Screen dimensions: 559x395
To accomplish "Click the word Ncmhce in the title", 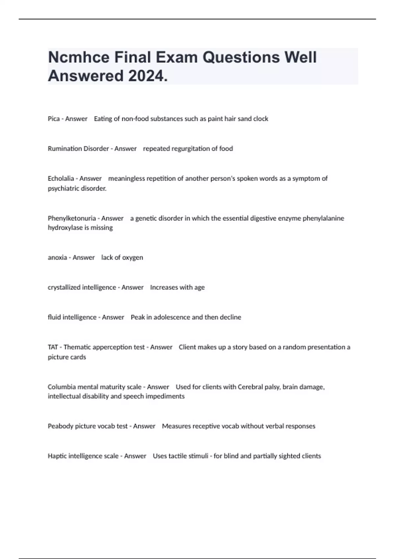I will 79,58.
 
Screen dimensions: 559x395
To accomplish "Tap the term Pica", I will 54,119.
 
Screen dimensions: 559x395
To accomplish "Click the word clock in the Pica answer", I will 261,119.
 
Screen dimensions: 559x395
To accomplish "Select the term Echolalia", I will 61,179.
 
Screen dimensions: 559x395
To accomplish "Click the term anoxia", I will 57,257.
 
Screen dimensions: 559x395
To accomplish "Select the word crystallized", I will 64,287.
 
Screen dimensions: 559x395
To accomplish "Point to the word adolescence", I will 171,317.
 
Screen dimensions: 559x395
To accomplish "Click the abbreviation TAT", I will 53,347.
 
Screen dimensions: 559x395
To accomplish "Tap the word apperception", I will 111,347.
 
